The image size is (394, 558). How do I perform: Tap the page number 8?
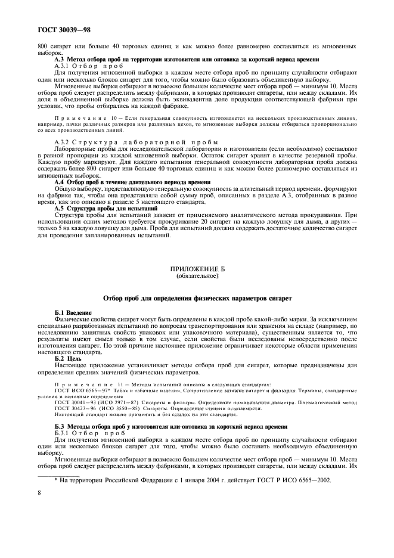[x=39, y=492]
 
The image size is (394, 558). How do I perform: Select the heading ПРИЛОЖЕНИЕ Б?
[x=196, y=270]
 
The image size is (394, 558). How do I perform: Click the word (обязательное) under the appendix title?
[x=196, y=277]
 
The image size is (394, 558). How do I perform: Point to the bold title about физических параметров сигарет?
[x=197, y=297]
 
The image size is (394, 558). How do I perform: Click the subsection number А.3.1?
[x=64, y=66]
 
